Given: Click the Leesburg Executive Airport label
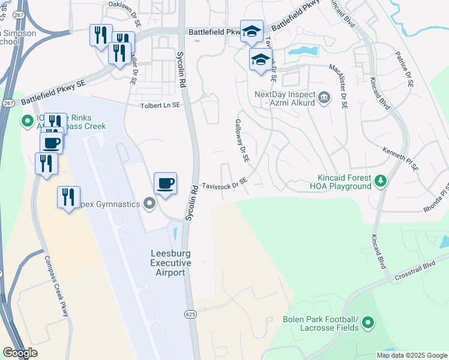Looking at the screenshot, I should click(x=170, y=263).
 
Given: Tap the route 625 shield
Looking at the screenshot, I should click(x=190, y=314).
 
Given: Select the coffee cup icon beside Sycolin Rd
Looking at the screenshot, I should click(x=165, y=183).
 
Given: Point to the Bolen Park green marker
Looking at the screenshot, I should click(x=367, y=323).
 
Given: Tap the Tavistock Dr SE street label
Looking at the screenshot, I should click(x=224, y=182).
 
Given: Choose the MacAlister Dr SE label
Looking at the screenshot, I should click(x=339, y=84).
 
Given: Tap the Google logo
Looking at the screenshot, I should click(x=20, y=353).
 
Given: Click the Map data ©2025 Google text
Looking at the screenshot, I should click(x=411, y=355).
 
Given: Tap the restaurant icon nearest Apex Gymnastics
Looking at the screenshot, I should click(x=68, y=197).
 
